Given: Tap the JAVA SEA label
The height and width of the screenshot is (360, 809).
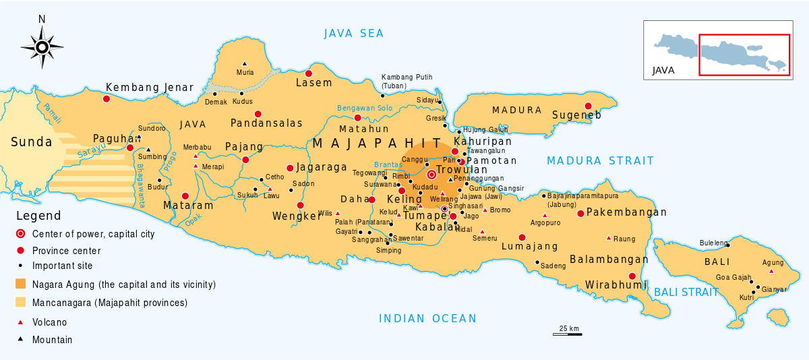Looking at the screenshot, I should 353,34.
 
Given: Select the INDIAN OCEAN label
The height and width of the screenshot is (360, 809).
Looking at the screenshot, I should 427,319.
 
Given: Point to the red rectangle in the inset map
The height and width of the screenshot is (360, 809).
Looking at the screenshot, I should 744,55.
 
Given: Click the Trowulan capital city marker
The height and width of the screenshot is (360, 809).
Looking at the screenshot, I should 431,174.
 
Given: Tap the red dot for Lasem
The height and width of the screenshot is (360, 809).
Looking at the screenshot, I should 309,73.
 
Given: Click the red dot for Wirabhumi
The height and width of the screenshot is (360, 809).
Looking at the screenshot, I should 632,276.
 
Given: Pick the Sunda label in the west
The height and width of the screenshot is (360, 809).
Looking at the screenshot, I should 31,142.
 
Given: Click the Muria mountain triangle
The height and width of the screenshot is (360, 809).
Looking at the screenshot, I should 244,63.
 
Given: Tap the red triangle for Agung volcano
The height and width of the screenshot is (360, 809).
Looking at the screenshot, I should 771,271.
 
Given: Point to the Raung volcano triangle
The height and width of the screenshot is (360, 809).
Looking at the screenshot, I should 609,238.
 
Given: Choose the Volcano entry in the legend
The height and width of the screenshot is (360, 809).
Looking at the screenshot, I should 49,322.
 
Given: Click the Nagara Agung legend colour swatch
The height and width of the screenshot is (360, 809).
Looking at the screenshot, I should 21,284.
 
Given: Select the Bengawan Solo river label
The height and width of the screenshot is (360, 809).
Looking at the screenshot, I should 365,108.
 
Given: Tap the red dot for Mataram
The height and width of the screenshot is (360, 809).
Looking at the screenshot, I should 185,196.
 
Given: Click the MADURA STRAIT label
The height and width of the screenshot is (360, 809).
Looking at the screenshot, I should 600,160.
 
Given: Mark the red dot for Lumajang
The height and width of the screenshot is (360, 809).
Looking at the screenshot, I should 522,237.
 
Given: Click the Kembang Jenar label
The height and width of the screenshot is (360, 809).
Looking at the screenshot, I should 150,88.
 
